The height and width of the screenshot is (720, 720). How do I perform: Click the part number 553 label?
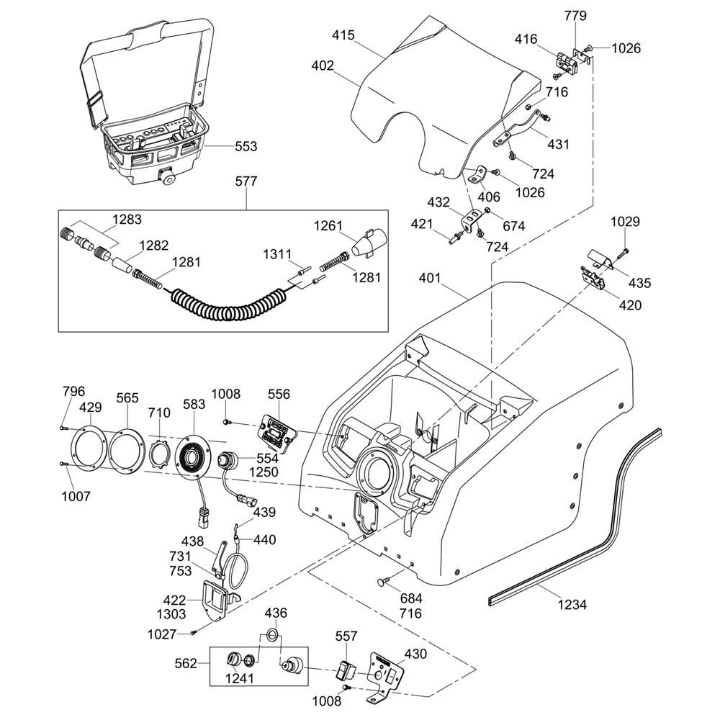tap(246, 147)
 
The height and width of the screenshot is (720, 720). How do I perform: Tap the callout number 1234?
tap(572, 605)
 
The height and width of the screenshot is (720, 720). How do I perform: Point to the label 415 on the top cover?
tap(343, 34)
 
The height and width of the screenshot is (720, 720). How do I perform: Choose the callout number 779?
tap(575, 15)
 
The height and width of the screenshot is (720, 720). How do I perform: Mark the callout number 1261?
tap(328, 226)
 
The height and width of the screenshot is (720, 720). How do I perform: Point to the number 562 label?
tap(186, 663)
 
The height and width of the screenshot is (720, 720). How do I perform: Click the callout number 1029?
tap(625, 222)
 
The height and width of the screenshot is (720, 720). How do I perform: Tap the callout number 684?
tap(411, 599)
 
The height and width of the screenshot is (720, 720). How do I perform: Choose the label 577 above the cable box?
tap(246, 181)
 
